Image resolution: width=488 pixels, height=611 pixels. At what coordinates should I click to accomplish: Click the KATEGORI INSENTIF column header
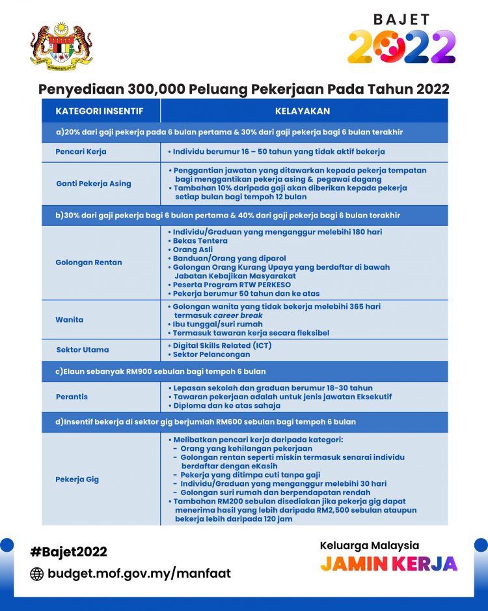99,111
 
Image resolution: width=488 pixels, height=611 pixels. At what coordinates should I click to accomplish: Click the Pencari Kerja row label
81,152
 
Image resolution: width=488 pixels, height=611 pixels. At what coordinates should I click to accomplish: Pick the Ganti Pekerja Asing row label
94,184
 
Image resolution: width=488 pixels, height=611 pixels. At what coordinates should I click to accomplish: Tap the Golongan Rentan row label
88,263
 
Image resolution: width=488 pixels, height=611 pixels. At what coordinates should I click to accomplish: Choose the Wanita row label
70,320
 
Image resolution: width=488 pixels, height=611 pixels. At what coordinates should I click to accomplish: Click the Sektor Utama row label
83,350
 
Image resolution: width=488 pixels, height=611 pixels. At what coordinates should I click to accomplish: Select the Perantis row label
72,397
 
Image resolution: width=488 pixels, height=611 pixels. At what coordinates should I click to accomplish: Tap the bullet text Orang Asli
195,249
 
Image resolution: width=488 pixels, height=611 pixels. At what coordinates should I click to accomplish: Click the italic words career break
238,315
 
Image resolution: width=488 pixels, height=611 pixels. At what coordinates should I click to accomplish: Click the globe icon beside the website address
37,574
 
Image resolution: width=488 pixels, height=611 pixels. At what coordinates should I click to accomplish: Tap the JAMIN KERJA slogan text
388,563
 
